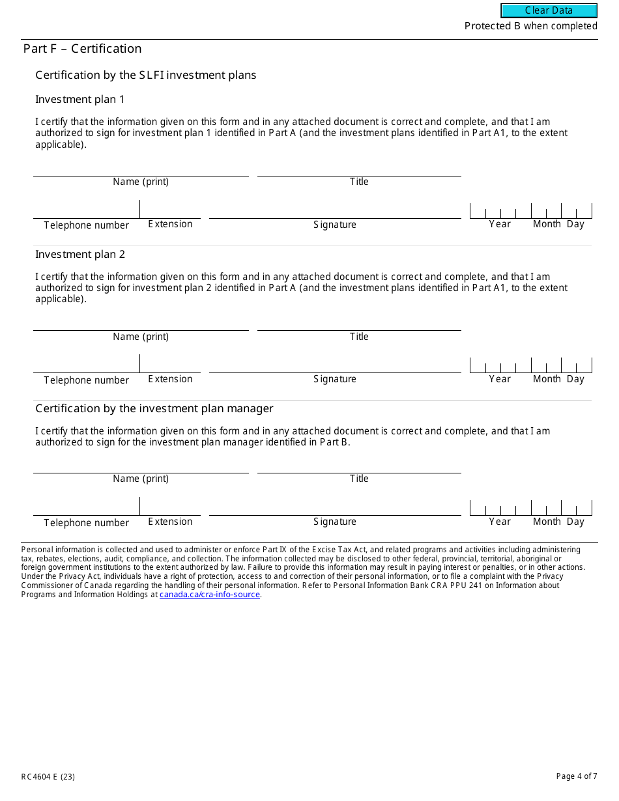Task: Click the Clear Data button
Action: click(x=549, y=10)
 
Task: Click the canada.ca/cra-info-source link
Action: click(x=210, y=595)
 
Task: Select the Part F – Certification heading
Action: click(x=82, y=49)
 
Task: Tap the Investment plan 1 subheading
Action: click(x=79, y=100)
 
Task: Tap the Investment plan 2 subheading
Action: click(x=79, y=255)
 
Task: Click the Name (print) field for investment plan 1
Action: click(x=141, y=169)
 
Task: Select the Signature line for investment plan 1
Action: click(x=335, y=211)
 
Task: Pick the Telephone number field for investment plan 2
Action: click(x=86, y=365)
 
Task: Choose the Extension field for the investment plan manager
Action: click(x=170, y=507)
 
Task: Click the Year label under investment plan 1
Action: click(x=500, y=224)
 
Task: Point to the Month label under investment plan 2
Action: click(x=547, y=379)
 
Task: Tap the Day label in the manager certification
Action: click(x=575, y=522)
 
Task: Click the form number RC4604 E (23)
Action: click(x=48, y=776)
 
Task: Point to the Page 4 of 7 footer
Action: click(x=576, y=776)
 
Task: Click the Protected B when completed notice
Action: click(x=530, y=26)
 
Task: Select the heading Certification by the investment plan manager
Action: click(x=154, y=409)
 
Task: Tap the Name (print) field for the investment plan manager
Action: click(x=141, y=466)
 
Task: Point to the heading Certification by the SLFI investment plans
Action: click(x=146, y=76)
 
